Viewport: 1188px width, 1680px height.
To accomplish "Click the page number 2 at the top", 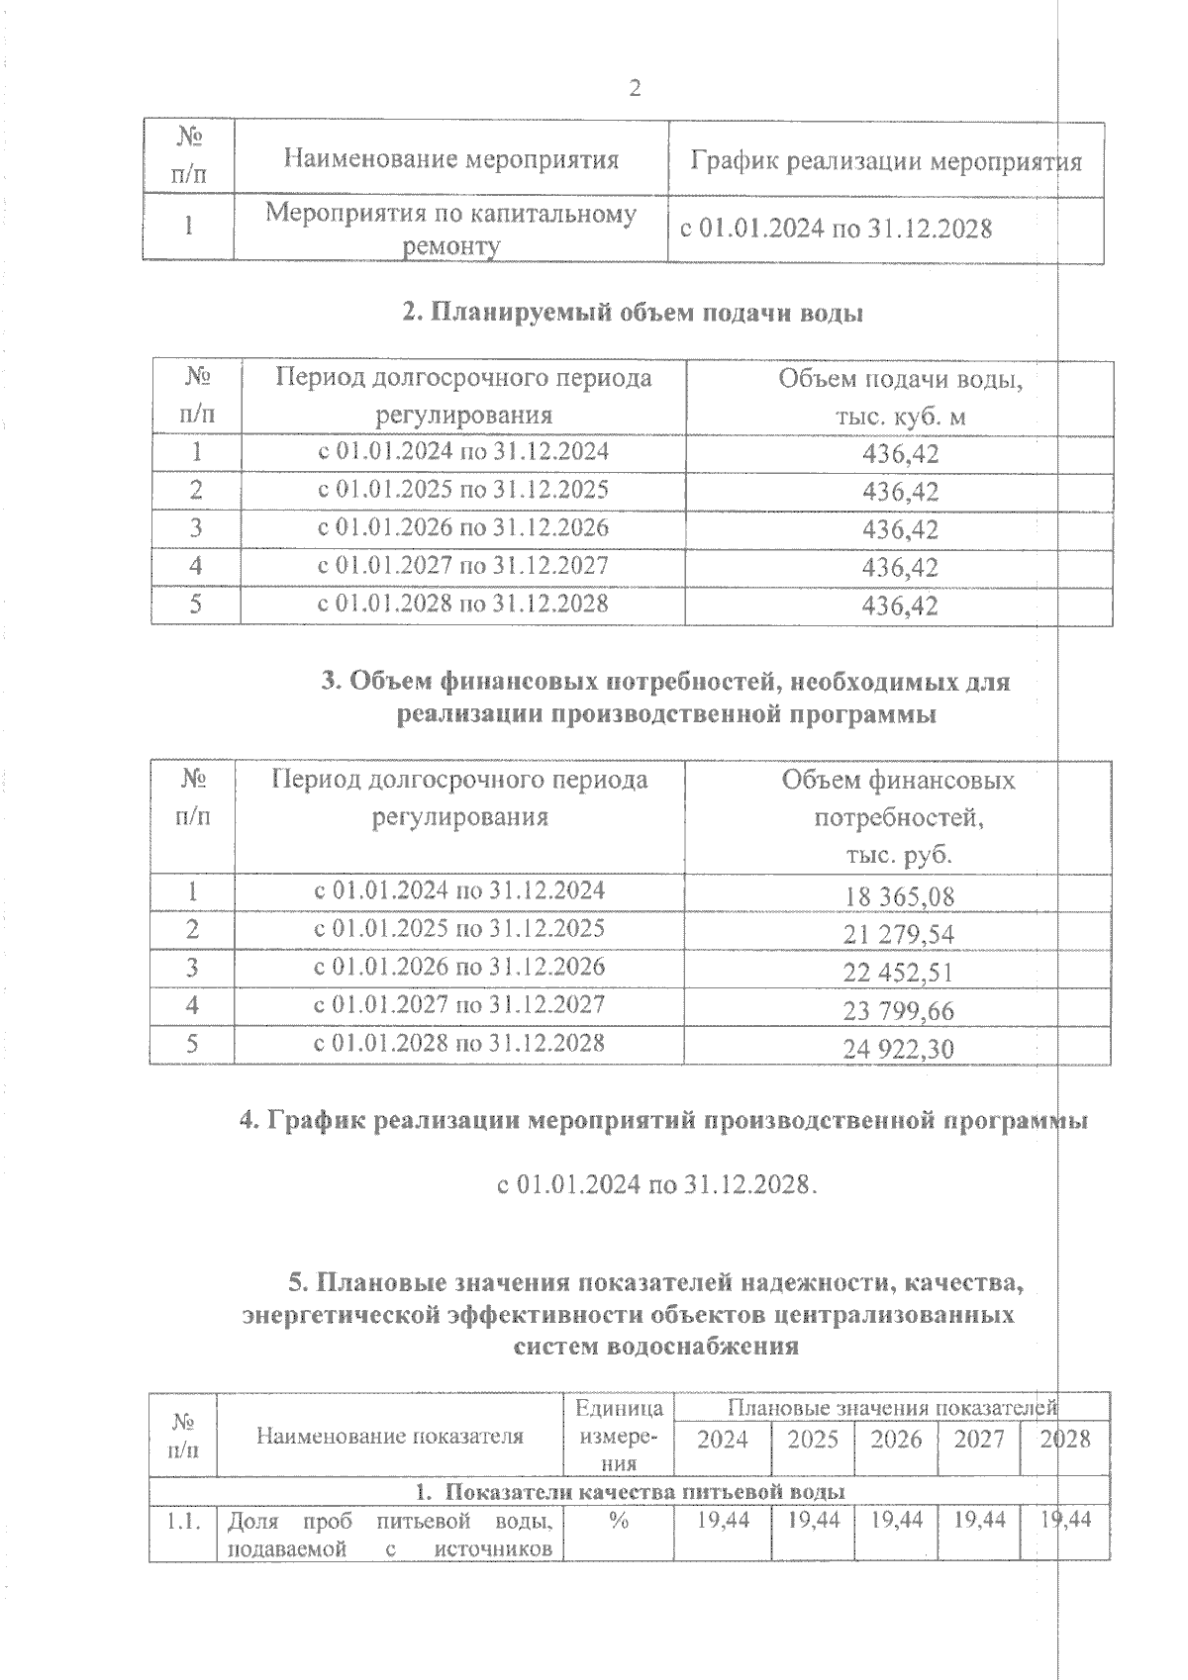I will click(x=635, y=89).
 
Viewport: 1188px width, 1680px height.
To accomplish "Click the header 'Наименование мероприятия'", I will click(x=451, y=158).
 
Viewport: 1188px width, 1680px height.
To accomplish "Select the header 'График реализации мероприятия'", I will click(x=886, y=160).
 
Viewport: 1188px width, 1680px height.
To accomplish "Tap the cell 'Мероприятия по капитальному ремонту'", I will click(x=451, y=230).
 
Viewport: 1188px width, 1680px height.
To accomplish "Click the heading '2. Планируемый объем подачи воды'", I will click(x=633, y=313).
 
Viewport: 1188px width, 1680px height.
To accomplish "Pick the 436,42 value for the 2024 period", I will click(x=900, y=454).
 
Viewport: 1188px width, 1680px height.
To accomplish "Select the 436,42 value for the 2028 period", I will click(x=900, y=605).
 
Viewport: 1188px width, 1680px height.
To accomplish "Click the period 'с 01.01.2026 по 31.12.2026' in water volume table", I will click(x=462, y=527).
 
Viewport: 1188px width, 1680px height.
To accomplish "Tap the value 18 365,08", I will click(x=899, y=896).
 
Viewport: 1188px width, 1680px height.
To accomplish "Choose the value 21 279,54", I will click(x=899, y=934).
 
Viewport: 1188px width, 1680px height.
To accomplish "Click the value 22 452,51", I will click(x=899, y=973).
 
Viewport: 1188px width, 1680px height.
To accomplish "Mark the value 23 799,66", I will click(x=899, y=1010).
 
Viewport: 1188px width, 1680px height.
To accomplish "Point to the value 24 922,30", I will click(x=899, y=1049).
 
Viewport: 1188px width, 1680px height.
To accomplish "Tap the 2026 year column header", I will click(x=896, y=1439).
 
